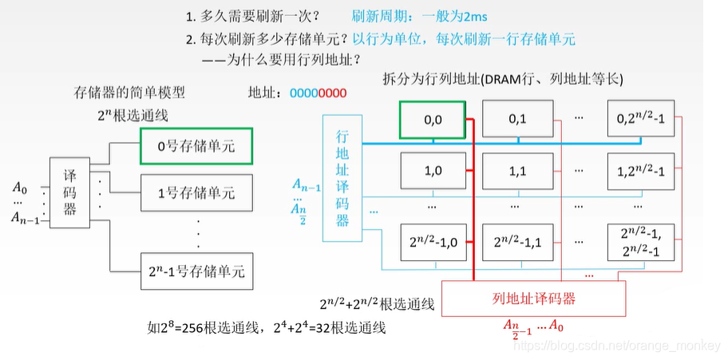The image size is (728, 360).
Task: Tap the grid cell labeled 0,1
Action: pyautogui.click(x=518, y=120)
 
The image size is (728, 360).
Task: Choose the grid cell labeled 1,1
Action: pyautogui.click(x=518, y=170)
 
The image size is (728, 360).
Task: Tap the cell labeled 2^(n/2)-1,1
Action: pyautogui.click(x=518, y=241)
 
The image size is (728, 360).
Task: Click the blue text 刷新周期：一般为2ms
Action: pyautogui.click(x=421, y=15)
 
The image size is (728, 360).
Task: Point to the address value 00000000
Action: pyautogui.click(x=318, y=93)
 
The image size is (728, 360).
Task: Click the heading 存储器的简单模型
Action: pyautogui.click(x=129, y=93)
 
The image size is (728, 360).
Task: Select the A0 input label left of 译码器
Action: pyautogui.click(x=20, y=188)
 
